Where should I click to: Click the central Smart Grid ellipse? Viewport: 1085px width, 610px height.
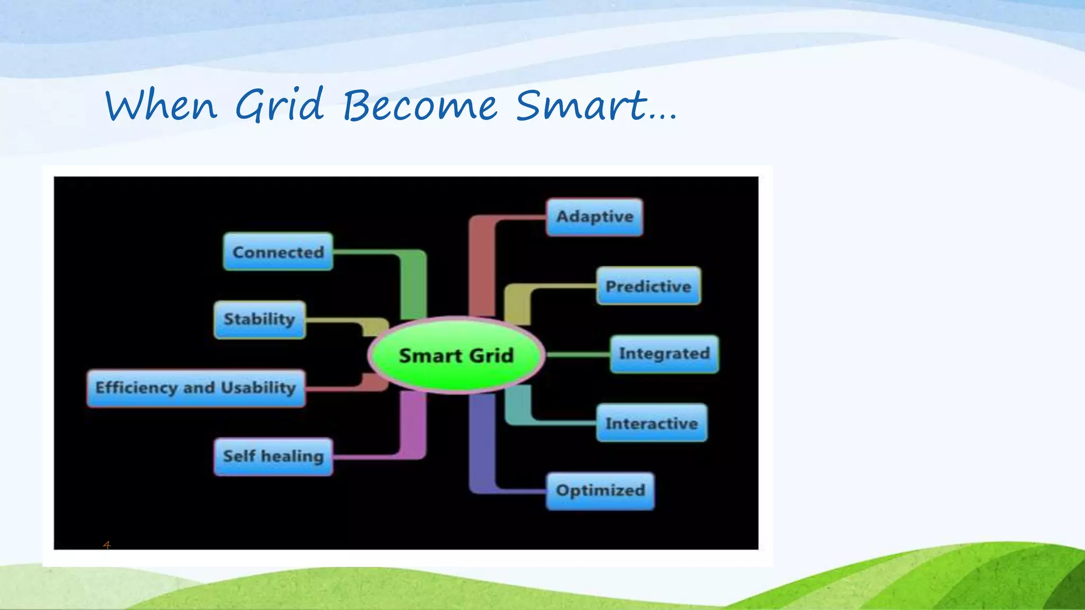(x=456, y=355)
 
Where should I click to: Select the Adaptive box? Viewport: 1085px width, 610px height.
(x=594, y=217)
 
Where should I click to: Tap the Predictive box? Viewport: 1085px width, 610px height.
(x=648, y=286)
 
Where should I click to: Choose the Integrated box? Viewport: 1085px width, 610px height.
(x=664, y=354)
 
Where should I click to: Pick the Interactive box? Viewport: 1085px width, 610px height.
(x=652, y=423)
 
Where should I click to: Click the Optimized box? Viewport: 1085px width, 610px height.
(x=600, y=491)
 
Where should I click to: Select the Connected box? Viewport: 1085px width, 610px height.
(x=278, y=252)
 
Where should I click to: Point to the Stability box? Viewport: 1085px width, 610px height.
(x=260, y=319)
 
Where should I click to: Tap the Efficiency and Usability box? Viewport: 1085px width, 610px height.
(x=196, y=388)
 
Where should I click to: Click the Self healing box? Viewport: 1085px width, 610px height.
(x=273, y=456)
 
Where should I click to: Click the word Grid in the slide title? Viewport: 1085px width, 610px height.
(x=279, y=105)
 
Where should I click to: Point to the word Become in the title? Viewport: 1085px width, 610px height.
(x=420, y=105)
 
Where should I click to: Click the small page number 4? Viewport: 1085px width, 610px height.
(x=106, y=545)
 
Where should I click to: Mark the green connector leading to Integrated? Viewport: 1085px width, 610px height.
(x=577, y=354)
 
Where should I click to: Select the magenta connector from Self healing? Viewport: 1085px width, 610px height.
(x=413, y=429)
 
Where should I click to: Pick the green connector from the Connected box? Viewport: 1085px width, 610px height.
(x=413, y=281)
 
